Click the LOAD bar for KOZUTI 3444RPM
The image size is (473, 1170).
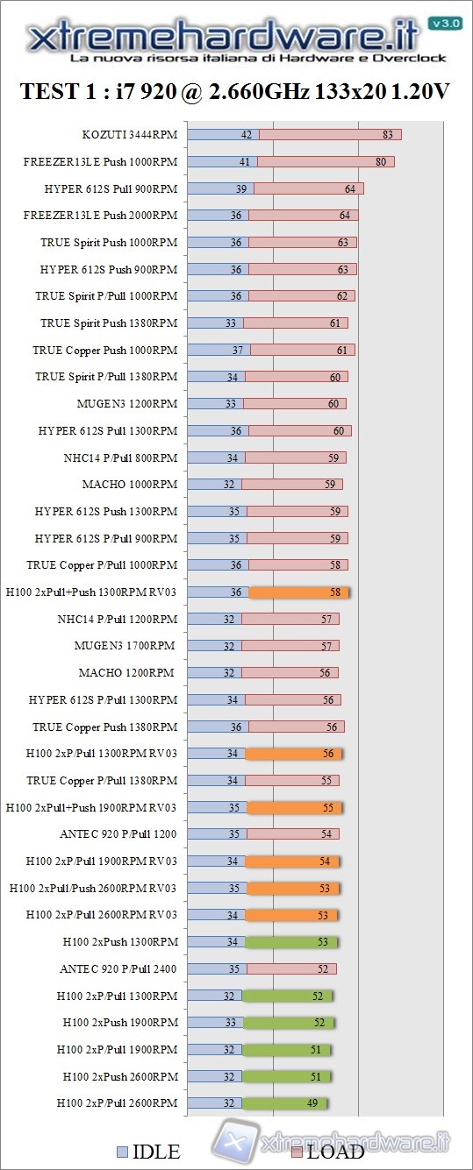(x=330, y=134)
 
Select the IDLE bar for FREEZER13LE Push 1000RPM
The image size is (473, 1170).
(x=223, y=161)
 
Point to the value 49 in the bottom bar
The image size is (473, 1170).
(x=312, y=1103)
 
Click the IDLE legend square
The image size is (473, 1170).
(x=123, y=1152)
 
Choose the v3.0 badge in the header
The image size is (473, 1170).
(x=444, y=23)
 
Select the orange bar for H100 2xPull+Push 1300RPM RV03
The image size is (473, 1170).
(x=298, y=592)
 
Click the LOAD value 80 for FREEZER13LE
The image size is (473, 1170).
(x=381, y=161)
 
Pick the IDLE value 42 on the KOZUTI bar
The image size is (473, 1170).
(x=246, y=134)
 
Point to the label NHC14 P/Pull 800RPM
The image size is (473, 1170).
(x=120, y=457)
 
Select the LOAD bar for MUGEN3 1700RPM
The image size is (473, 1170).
(x=290, y=646)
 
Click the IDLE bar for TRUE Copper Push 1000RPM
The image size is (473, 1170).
(x=219, y=350)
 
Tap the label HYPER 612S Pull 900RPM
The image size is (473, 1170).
(x=111, y=188)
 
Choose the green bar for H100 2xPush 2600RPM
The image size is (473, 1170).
(x=286, y=1076)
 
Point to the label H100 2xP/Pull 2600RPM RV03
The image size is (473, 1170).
(x=102, y=915)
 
